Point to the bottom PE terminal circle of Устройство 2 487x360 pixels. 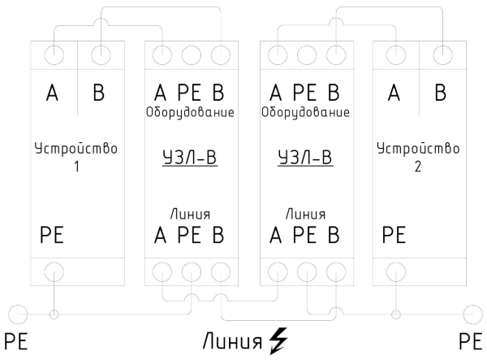pos(396,271)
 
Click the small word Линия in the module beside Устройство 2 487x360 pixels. pos(306,215)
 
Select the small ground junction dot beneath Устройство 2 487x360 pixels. pos(396,314)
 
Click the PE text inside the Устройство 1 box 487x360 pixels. pos(51,236)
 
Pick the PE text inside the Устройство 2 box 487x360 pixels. pos(393,236)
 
